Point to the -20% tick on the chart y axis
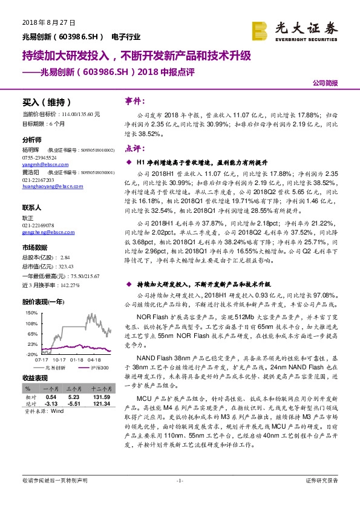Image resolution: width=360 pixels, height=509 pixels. [32, 354]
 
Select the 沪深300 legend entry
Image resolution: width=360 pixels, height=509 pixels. [97, 367]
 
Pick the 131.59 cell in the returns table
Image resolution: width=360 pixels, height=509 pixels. [100, 397]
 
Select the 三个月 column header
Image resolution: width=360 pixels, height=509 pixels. [74, 389]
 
